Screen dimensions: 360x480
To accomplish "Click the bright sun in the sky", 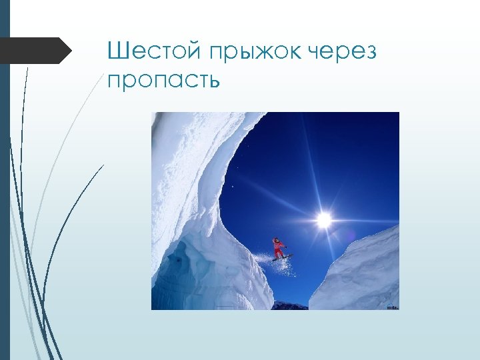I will (324, 219).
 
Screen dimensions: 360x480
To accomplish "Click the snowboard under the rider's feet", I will (281, 257).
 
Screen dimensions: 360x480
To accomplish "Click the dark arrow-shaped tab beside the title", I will (37, 51).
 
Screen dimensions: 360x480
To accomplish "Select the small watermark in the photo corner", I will (391, 307).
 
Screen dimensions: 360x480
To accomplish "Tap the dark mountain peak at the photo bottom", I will (291, 305).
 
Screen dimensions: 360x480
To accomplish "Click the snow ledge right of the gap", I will (363, 273).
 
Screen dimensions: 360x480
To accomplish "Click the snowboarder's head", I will (275, 239).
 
